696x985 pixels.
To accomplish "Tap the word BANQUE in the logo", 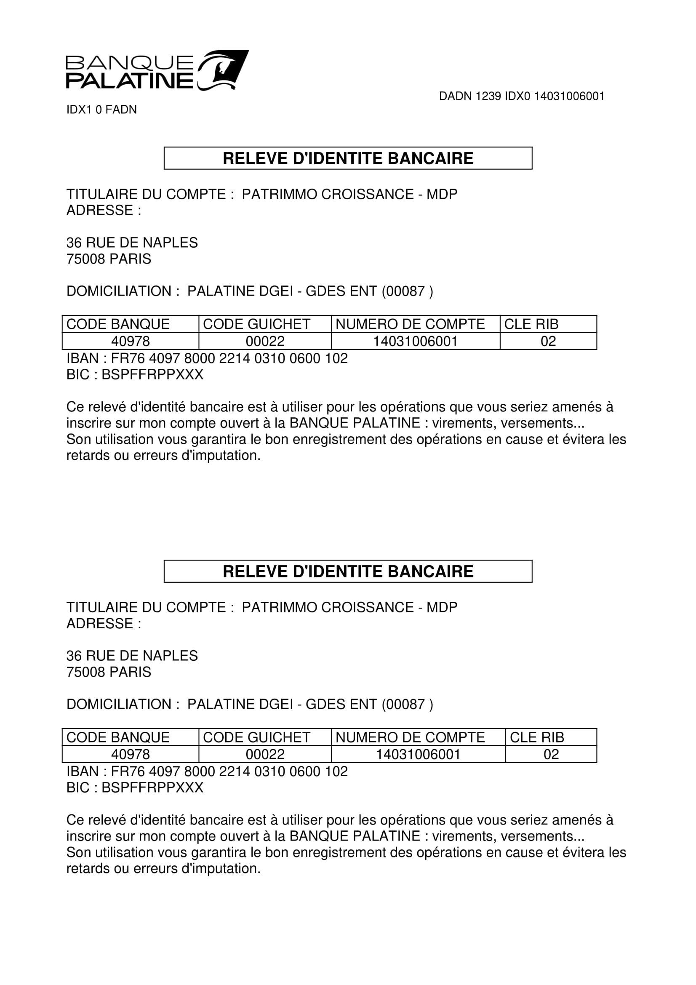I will pos(130,63).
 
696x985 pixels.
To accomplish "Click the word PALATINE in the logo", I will pos(130,81).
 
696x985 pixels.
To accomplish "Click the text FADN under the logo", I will pos(121,110).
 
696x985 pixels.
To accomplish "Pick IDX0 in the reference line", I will pos(517,96).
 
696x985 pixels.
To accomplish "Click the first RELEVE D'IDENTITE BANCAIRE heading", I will pos(348,158).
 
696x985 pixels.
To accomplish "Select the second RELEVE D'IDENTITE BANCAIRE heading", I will pos(348,571).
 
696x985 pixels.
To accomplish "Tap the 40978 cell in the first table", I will pos(131,342).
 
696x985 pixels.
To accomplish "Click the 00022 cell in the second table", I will pos(265,754).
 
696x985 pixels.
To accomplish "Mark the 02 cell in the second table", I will pos(551,754).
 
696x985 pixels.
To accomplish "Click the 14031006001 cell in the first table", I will pos(415,342).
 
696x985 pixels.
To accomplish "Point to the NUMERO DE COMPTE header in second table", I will pos(410,737).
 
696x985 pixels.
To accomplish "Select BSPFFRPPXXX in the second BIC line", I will pos(152,787).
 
